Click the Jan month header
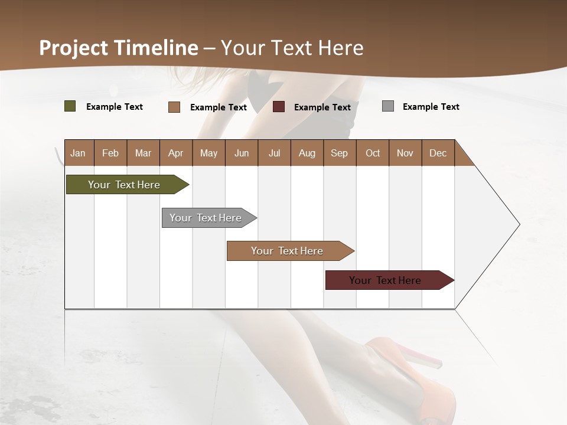click(x=79, y=153)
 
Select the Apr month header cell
click(x=176, y=153)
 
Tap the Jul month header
click(x=274, y=153)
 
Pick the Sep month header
click(x=340, y=153)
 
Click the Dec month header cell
click(x=438, y=153)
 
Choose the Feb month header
click(x=110, y=153)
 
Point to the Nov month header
click(x=405, y=153)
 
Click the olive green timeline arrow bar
click(x=124, y=185)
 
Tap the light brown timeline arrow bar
click(x=288, y=251)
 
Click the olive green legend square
click(x=70, y=106)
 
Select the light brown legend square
click(x=174, y=107)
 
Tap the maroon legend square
click(x=279, y=107)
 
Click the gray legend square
click(x=387, y=106)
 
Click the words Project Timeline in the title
click(x=118, y=48)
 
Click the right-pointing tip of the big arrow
click(x=518, y=224)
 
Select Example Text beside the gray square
click(x=431, y=107)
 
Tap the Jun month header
click(x=242, y=153)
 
